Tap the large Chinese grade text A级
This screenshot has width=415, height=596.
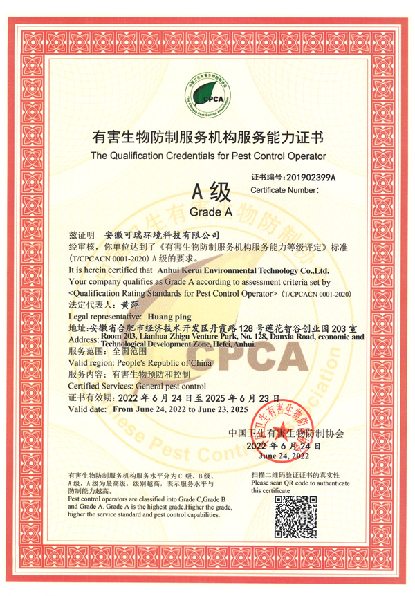[207, 189]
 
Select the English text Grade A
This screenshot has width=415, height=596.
[207, 211]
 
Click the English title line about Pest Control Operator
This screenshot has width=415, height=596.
[207, 156]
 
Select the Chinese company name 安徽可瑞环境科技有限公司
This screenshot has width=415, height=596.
[160, 235]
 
